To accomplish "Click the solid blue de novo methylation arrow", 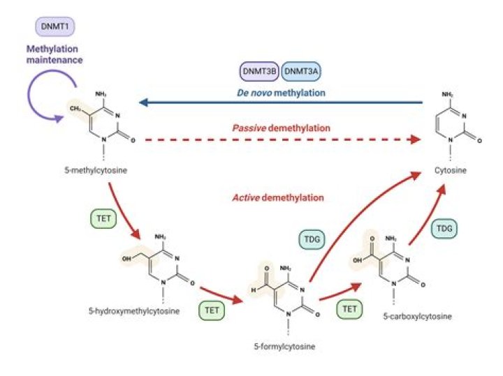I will point(279,103).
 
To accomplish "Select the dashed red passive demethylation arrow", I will point(279,140).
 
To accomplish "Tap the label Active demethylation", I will point(277,197).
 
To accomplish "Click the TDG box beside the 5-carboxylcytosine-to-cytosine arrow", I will point(442,229).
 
